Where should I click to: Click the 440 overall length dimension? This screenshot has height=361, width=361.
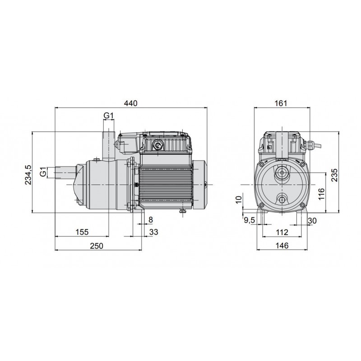click(x=130, y=103)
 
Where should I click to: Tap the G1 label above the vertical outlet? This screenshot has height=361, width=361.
click(x=108, y=116)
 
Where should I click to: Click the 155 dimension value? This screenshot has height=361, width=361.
click(x=82, y=231)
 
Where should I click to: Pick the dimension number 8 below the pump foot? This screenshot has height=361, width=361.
click(x=150, y=219)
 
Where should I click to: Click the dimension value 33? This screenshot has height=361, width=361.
click(x=153, y=231)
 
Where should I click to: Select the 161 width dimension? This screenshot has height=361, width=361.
click(x=281, y=103)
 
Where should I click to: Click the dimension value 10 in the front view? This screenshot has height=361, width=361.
click(x=239, y=199)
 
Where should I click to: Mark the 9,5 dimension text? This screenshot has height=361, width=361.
click(x=250, y=220)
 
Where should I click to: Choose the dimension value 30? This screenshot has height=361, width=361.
click(x=311, y=220)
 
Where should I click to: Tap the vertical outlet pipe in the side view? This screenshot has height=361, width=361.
click(x=108, y=143)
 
